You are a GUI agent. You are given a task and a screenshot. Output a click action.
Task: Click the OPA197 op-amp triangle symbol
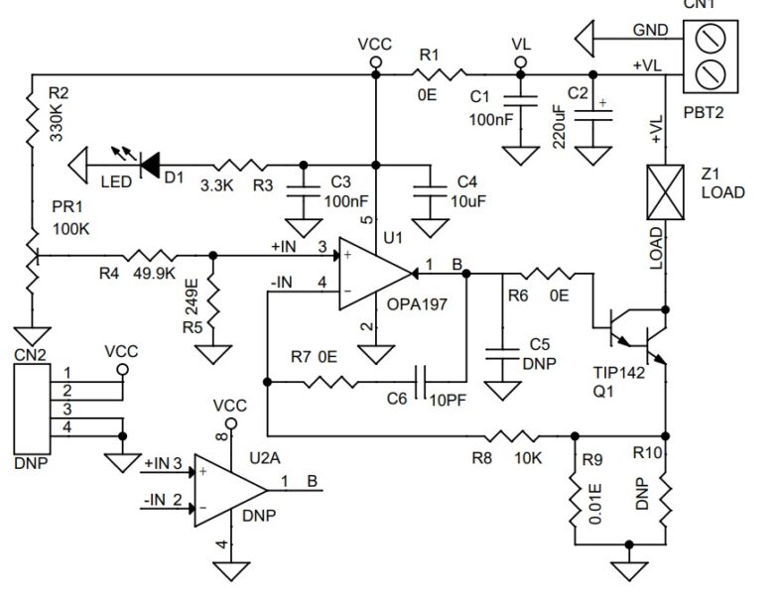pyautogui.click(x=372, y=272)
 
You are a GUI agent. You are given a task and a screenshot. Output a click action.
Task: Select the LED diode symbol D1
pyautogui.click(x=150, y=164)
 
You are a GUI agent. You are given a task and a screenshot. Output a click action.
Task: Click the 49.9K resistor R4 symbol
pyautogui.click(x=148, y=256)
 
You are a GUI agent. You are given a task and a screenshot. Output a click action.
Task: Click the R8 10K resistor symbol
pyautogui.click(x=515, y=435)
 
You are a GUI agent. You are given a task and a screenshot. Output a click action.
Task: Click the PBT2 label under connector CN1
pyautogui.click(x=703, y=112)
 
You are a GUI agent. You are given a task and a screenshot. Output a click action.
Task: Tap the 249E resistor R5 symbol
pyautogui.click(x=209, y=300)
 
